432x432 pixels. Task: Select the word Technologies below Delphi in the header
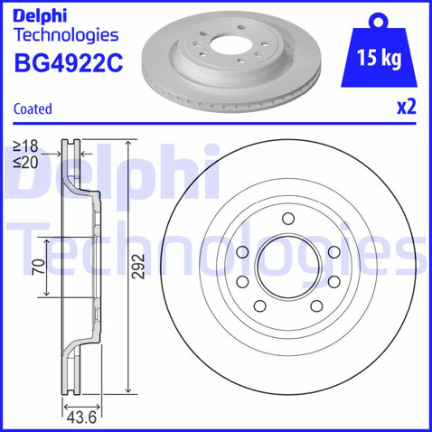[x=66, y=36]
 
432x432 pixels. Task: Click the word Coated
[x=33, y=109]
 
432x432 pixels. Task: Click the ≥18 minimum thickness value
[x=26, y=145]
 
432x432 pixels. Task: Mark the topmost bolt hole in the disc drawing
[x=287, y=218]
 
